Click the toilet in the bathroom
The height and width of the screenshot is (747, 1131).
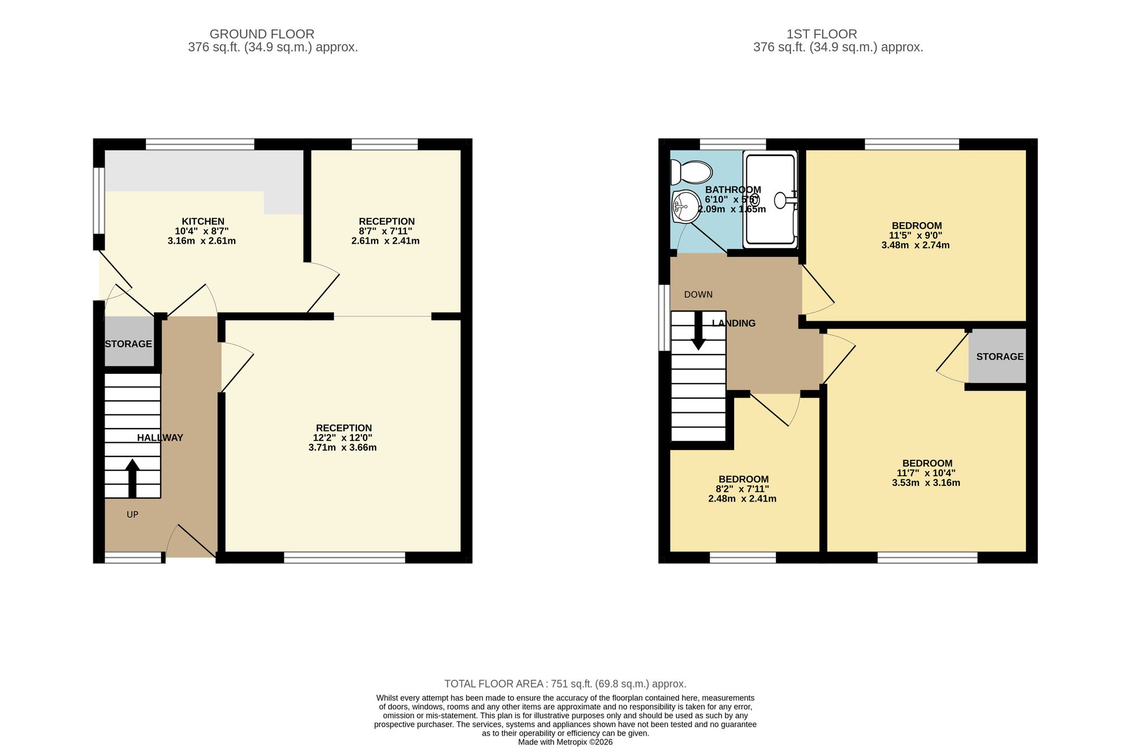coord(690,172)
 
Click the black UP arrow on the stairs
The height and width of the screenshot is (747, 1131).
coord(132,478)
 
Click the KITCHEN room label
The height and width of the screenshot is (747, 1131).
coord(203,221)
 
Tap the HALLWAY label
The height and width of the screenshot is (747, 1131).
coord(160,438)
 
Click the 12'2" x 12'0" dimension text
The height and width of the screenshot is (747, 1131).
coord(343,438)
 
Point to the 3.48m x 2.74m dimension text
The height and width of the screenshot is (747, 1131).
coord(916,245)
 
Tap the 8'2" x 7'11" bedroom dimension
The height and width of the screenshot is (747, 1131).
coord(743,489)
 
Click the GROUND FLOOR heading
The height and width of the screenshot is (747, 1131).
coord(262,34)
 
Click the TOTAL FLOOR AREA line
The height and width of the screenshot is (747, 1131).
coord(565,684)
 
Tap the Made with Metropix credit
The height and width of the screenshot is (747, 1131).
coord(565,742)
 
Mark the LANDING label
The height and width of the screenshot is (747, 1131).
coord(733,323)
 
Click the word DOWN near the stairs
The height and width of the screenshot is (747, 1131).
coord(698,295)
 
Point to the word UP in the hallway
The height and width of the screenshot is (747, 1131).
coord(132,515)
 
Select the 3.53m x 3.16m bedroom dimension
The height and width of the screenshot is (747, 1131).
coord(926,483)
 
